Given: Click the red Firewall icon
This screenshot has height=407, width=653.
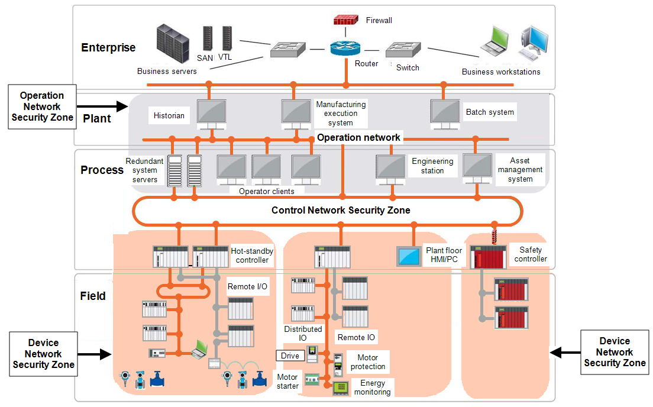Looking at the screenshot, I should coord(345,20).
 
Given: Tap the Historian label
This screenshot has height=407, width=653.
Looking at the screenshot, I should coord(169,115).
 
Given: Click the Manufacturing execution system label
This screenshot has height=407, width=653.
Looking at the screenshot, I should coord(341,114).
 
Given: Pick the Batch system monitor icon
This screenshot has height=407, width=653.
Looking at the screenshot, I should coord(445,111).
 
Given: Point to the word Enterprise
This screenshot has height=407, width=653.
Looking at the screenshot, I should coord(108,48).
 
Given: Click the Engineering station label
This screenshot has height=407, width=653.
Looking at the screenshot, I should coord(432,166).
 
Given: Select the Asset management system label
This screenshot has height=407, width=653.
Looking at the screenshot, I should coord(520,170).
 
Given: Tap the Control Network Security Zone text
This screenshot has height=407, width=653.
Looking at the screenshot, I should coord(341,210).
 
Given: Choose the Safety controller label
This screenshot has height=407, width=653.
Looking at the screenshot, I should coord(531,254).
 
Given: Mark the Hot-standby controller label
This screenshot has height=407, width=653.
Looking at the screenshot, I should coord(252,256).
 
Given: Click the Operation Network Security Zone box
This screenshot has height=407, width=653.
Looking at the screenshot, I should coord(42,106).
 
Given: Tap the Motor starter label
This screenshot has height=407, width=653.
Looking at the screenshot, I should coord(287,382).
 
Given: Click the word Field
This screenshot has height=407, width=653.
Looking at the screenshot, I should coord(93,296).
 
